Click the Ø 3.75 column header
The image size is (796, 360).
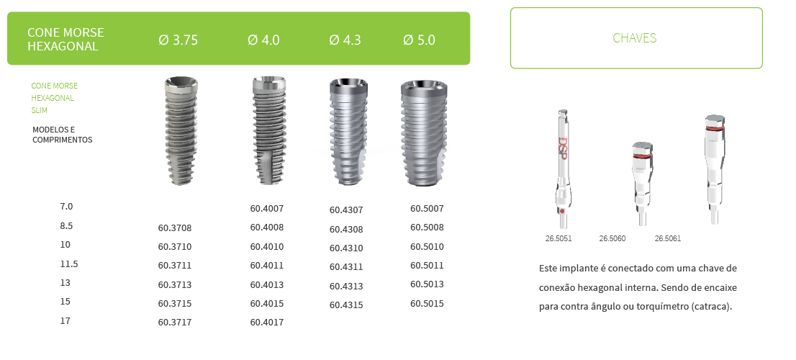pos(178,40)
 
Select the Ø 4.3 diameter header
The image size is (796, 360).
pos(345,40)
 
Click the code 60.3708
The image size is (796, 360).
pos(175,228)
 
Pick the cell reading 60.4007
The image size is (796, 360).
pos(267,209)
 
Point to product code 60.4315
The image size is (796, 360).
pos(346,305)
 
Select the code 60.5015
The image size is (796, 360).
pos(428,304)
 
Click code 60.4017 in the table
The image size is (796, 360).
pos(267,323)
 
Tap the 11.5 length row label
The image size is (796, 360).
pos(69,264)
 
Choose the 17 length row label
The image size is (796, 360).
pos(65,320)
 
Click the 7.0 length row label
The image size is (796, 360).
pos(67,207)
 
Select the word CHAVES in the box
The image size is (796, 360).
pos(635,38)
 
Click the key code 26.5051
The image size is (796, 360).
pos(558,238)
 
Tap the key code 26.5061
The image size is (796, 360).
pos(668,238)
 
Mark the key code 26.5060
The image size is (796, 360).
pos(612,238)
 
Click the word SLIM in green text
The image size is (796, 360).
pos(40,111)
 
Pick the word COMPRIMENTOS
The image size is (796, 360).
pos(63,140)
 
